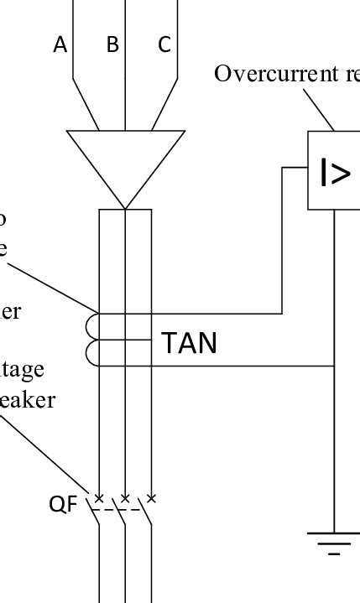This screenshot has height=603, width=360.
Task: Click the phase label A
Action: [60, 45]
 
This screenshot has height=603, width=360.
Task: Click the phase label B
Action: [112, 45]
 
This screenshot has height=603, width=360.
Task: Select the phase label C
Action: [164, 45]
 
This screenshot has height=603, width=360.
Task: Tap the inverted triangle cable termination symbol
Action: [125, 159]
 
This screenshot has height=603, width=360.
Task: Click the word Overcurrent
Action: [261, 74]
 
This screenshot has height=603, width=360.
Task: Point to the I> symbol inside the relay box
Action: [335, 173]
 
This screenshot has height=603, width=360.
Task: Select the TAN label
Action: [189, 342]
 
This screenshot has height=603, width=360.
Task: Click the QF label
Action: [63, 504]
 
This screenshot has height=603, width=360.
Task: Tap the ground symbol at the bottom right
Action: [334, 543]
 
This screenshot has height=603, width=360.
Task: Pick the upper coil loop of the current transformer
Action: [93, 325]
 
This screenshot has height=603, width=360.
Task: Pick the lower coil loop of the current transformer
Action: [93, 353]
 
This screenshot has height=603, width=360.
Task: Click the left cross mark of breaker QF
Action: [99, 499]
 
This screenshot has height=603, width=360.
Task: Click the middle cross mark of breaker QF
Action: [125, 499]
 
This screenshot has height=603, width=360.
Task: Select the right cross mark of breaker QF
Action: [151, 499]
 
